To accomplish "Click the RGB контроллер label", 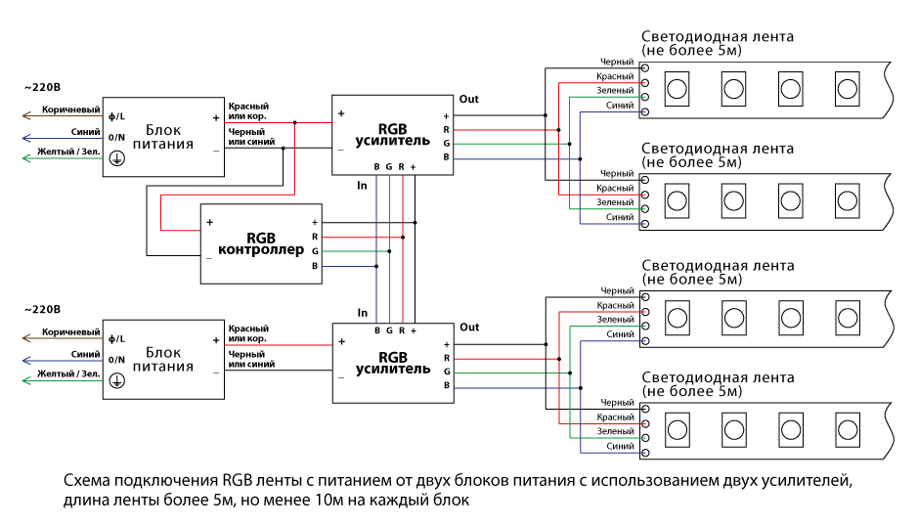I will coord(261,243).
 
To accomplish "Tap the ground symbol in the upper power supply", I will coord(115,157).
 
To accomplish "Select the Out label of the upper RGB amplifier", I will coord(469,100).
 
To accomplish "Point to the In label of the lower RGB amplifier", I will coord(362,313).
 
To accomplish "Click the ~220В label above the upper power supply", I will coord(40,87).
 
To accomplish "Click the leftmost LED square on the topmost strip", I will coord(675,90).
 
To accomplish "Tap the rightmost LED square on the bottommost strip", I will coord(845,427).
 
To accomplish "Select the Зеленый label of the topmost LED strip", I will coord(615,90).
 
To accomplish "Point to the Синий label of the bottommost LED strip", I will coord(620,446).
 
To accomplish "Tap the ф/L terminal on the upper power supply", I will coord(116,117).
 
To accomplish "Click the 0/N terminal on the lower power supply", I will coord(116,360).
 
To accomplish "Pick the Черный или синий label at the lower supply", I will coord(250,359).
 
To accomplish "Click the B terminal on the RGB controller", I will coord(315,266).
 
